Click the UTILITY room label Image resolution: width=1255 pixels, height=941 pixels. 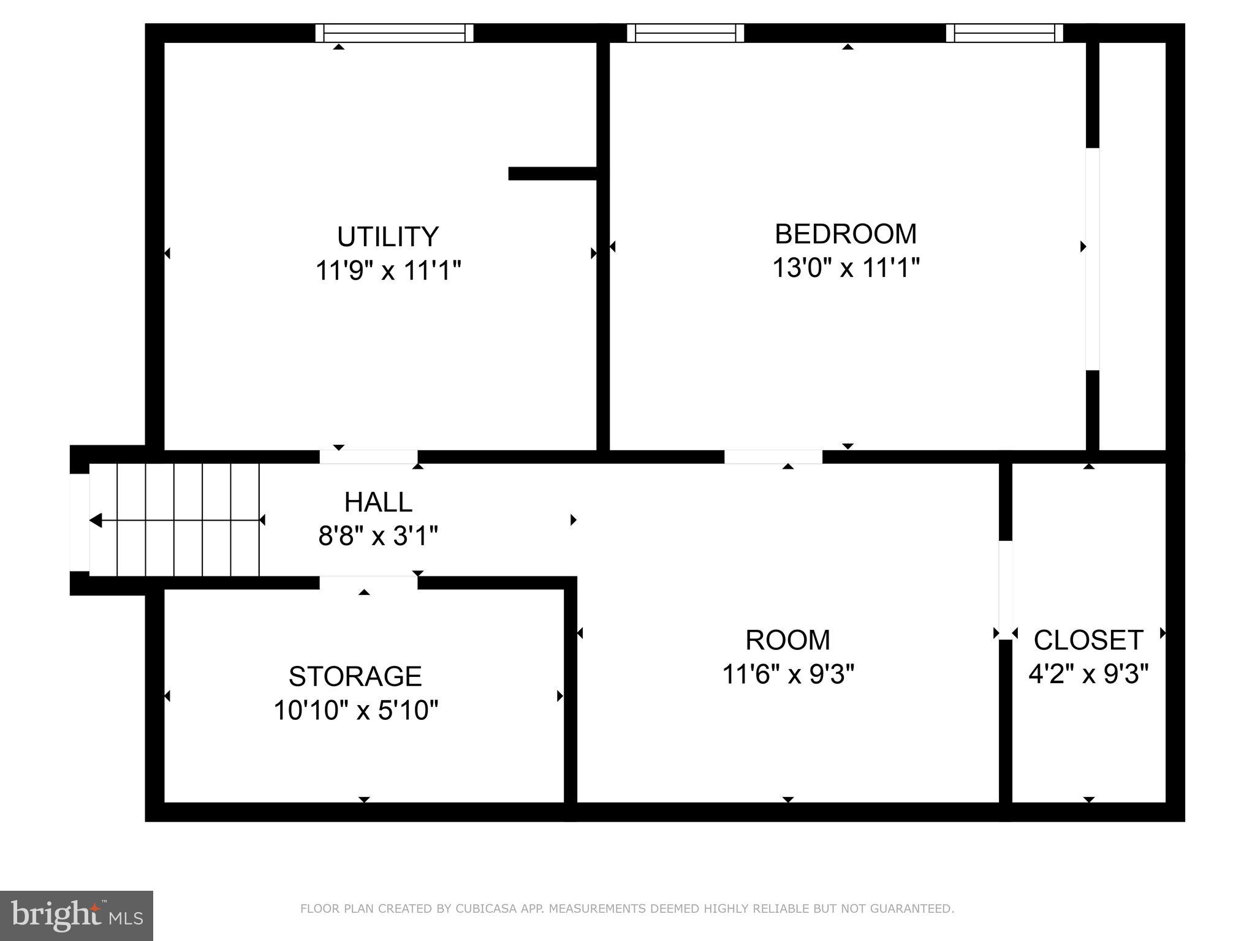[x=388, y=236]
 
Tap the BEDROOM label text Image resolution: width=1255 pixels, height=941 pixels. [x=846, y=234]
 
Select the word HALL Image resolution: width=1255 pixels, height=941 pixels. [x=378, y=502]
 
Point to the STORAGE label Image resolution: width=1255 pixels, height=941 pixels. [x=355, y=676]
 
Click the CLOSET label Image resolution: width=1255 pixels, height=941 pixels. [x=1088, y=640]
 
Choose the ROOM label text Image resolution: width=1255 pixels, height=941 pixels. [x=788, y=640]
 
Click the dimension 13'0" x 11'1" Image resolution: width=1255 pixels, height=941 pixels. [x=846, y=268]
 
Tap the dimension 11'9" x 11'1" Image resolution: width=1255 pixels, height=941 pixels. [x=388, y=270]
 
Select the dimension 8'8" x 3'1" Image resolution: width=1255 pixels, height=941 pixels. [x=378, y=536]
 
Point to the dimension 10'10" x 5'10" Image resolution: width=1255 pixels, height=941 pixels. [x=355, y=711]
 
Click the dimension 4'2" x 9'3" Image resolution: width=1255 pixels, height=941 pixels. [x=1088, y=675]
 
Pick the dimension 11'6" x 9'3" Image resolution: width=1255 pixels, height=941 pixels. [x=788, y=675]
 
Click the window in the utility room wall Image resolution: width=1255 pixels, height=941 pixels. [x=395, y=32]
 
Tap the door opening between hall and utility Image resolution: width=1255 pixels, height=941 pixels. [x=368, y=457]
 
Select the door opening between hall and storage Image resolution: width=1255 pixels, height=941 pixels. [x=368, y=582]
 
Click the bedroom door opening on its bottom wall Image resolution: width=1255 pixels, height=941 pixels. [x=773, y=457]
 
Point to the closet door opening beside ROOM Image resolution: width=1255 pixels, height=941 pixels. [x=1006, y=589]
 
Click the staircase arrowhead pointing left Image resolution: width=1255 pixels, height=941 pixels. [x=96, y=520]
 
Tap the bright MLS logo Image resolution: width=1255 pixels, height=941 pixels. [x=77, y=915]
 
